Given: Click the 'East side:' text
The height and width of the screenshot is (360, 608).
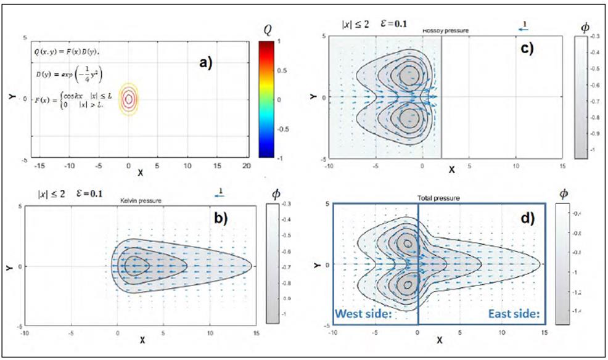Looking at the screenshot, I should click(x=514, y=314).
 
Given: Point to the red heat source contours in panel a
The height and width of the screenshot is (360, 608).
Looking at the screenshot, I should click(x=128, y=99).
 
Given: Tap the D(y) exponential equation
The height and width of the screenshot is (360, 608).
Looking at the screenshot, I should click(x=68, y=74).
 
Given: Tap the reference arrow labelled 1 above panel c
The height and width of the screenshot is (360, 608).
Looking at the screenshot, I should click(x=524, y=27).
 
